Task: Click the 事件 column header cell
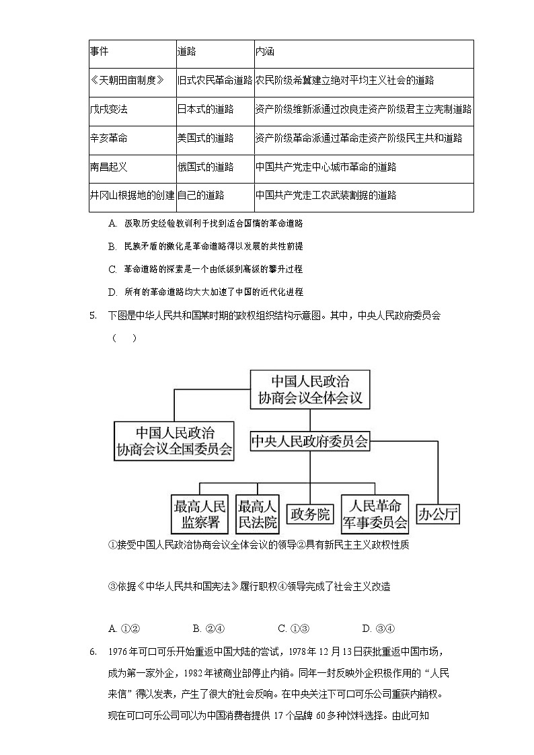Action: point(99,52)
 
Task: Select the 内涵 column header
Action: point(265,52)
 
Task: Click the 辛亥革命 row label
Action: point(108,138)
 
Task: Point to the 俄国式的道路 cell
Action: point(205,167)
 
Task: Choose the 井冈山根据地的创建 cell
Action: point(132,196)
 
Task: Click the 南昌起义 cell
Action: point(108,167)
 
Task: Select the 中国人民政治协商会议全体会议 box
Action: point(310,389)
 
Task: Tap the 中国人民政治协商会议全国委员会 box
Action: point(174,441)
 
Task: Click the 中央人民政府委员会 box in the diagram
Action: point(310,442)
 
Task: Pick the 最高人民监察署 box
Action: point(200,514)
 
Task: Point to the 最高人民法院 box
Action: point(258,514)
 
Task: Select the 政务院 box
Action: point(310,515)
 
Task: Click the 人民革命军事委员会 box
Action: point(375,514)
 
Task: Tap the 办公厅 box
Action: point(438,515)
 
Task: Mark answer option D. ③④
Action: point(377,629)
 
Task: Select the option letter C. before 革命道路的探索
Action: point(113,269)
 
